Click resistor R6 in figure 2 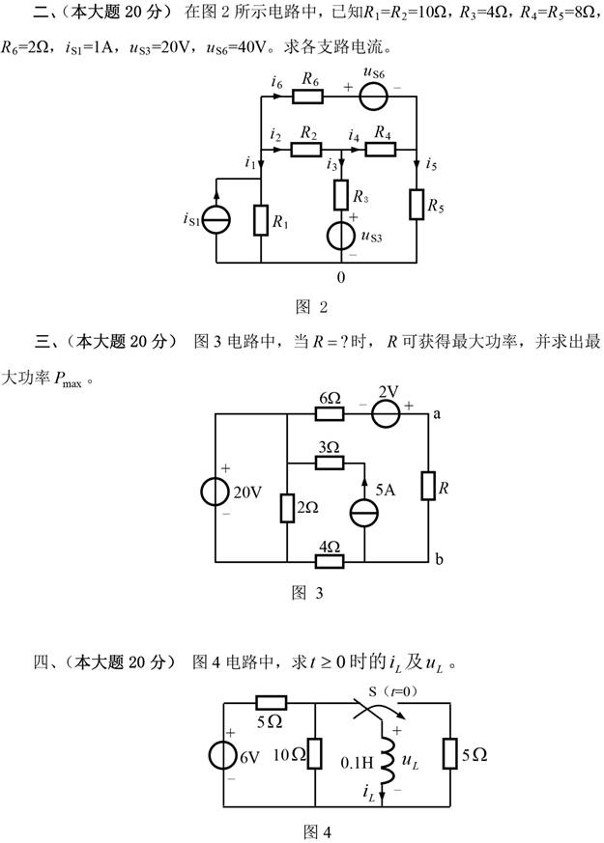[309, 98]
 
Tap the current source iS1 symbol [216, 220]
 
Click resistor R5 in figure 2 [416, 205]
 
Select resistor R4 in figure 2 [383, 149]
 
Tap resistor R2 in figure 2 [308, 149]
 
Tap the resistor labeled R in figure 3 [428, 487]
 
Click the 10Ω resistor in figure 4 [316, 754]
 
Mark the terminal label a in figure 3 [438, 414]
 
